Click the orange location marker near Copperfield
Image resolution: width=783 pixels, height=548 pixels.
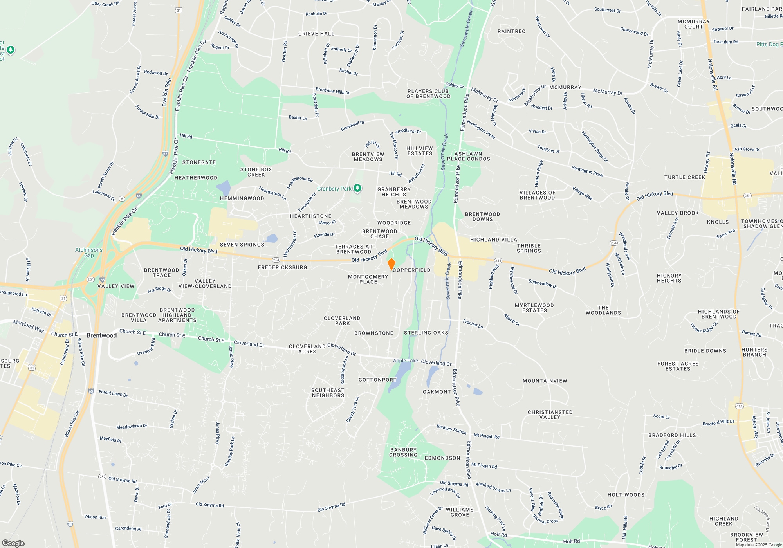(391, 264)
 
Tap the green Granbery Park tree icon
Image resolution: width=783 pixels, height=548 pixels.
(357, 189)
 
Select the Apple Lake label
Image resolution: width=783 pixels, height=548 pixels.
(405, 361)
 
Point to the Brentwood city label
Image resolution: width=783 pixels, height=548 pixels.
(101, 335)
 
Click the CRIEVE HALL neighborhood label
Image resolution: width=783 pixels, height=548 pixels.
(316, 34)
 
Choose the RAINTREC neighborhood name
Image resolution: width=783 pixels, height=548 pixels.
(511, 31)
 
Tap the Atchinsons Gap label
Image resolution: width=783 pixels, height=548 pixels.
(89, 252)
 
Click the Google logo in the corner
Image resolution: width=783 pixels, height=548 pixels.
(13, 543)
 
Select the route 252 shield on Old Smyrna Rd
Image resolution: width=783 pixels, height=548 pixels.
(102, 477)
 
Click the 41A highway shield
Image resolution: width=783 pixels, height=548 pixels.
(739, 406)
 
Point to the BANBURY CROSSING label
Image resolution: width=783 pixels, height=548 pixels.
(403, 452)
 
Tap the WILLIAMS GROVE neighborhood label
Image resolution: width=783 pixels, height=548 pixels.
(460, 512)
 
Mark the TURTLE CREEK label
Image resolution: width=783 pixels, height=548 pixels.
(684, 177)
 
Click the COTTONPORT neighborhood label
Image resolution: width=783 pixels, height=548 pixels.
(377, 380)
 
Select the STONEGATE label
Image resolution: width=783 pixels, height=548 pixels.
(199, 162)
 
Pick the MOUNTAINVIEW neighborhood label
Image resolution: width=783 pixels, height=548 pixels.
(545, 381)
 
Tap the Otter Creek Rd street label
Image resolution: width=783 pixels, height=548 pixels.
(105, 4)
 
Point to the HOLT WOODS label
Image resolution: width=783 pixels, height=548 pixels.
(626, 495)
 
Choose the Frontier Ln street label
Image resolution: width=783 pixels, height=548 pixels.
(473, 324)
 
